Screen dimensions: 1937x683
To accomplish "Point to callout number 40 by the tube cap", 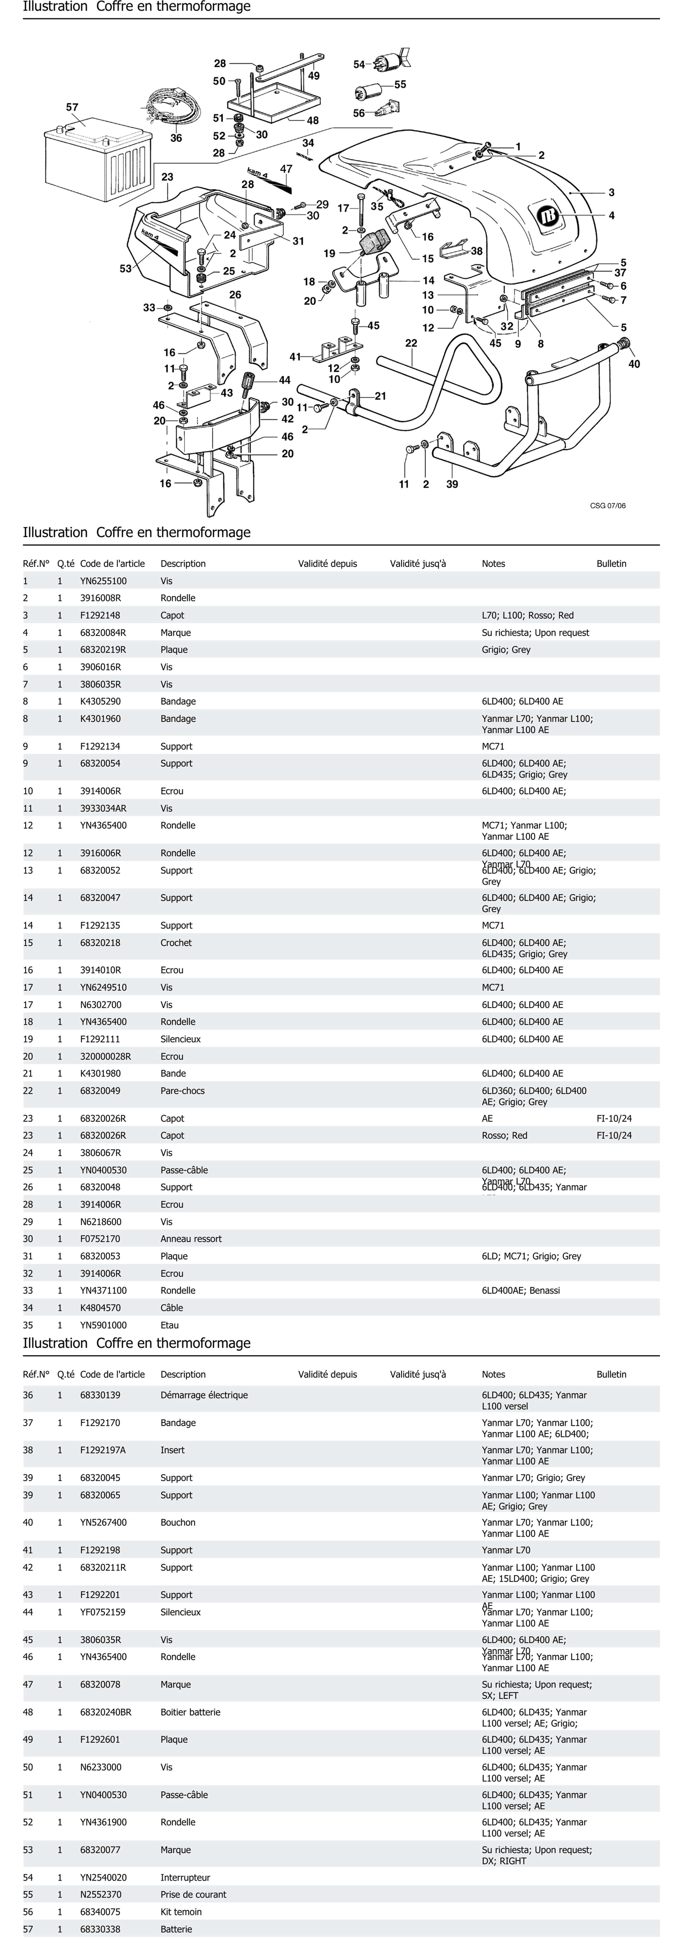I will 634,364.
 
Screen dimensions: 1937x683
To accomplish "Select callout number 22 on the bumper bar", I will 411,343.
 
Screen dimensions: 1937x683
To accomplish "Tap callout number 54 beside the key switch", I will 359,65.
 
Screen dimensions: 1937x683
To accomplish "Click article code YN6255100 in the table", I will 104,581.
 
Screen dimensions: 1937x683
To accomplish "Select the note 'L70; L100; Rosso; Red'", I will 527,615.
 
